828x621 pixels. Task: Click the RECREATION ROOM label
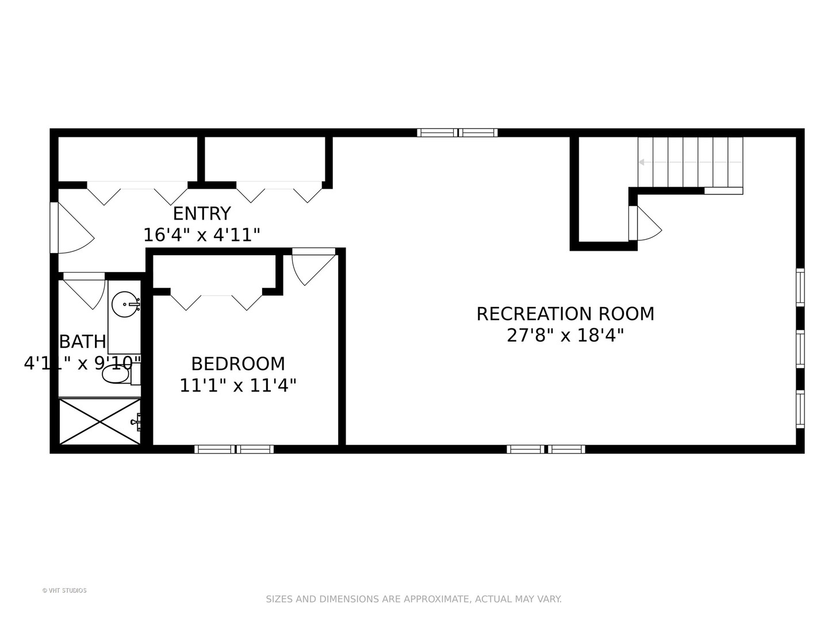[x=565, y=314]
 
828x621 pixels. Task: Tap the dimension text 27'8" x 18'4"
[x=565, y=335]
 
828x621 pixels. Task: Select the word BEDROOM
[x=238, y=364]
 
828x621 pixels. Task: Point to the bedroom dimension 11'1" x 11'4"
[x=238, y=385]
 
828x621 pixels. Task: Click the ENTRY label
[x=202, y=214]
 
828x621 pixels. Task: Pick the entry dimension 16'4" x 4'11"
[x=202, y=235]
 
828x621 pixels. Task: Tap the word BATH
[x=83, y=342]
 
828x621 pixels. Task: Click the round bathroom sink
[x=125, y=304]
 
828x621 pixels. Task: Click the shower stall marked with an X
[x=100, y=421]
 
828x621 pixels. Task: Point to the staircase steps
[x=690, y=162]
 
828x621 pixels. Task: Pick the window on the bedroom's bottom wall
[x=234, y=449]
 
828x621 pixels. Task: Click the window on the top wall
[x=457, y=133]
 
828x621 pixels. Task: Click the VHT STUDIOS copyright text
[x=64, y=591]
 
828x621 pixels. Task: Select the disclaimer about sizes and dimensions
[x=413, y=599]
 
